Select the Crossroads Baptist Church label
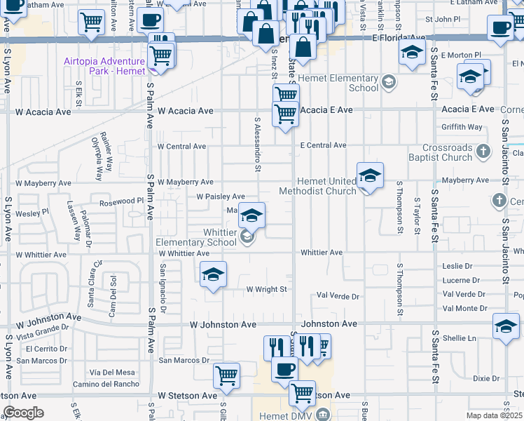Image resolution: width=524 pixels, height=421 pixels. point(448,152)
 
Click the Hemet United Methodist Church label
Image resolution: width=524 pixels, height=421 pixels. point(317,185)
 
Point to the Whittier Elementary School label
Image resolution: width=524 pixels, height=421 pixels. point(195,237)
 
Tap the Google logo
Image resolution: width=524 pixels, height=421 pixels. point(23,413)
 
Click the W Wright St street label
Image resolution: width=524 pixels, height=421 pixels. point(266,289)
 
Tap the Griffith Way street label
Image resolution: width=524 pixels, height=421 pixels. point(462,127)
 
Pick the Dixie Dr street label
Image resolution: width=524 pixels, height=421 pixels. point(486,378)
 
